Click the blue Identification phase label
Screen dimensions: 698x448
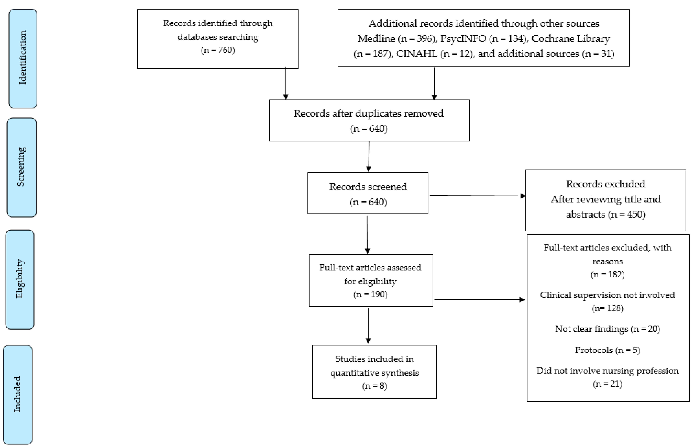(x=23, y=58)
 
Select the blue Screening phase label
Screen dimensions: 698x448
(x=22, y=167)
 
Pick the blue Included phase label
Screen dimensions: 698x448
(x=18, y=395)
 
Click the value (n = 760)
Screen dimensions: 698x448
(x=218, y=50)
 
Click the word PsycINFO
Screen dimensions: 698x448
(x=463, y=38)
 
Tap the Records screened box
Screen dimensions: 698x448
(x=368, y=193)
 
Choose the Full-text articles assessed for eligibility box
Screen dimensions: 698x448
(x=371, y=280)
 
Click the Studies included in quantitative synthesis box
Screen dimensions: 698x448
(x=374, y=372)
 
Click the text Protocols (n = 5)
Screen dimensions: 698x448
(x=608, y=350)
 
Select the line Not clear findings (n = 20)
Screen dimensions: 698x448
(x=608, y=329)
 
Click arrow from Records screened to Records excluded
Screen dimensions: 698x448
(x=477, y=195)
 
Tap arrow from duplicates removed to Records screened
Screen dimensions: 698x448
(x=369, y=156)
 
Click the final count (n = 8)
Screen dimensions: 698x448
(x=374, y=386)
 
